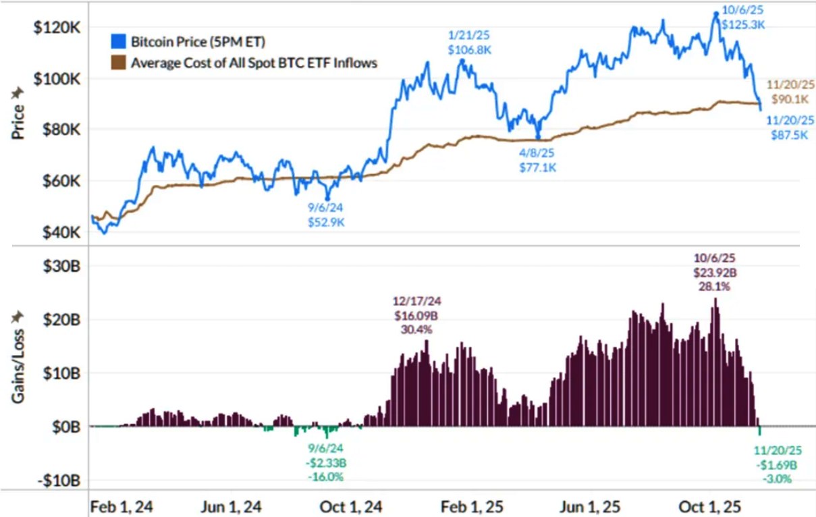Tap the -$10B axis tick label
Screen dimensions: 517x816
coord(62,481)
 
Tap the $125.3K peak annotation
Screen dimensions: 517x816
coord(743,24)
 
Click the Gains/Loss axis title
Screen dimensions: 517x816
coord(18,358)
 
